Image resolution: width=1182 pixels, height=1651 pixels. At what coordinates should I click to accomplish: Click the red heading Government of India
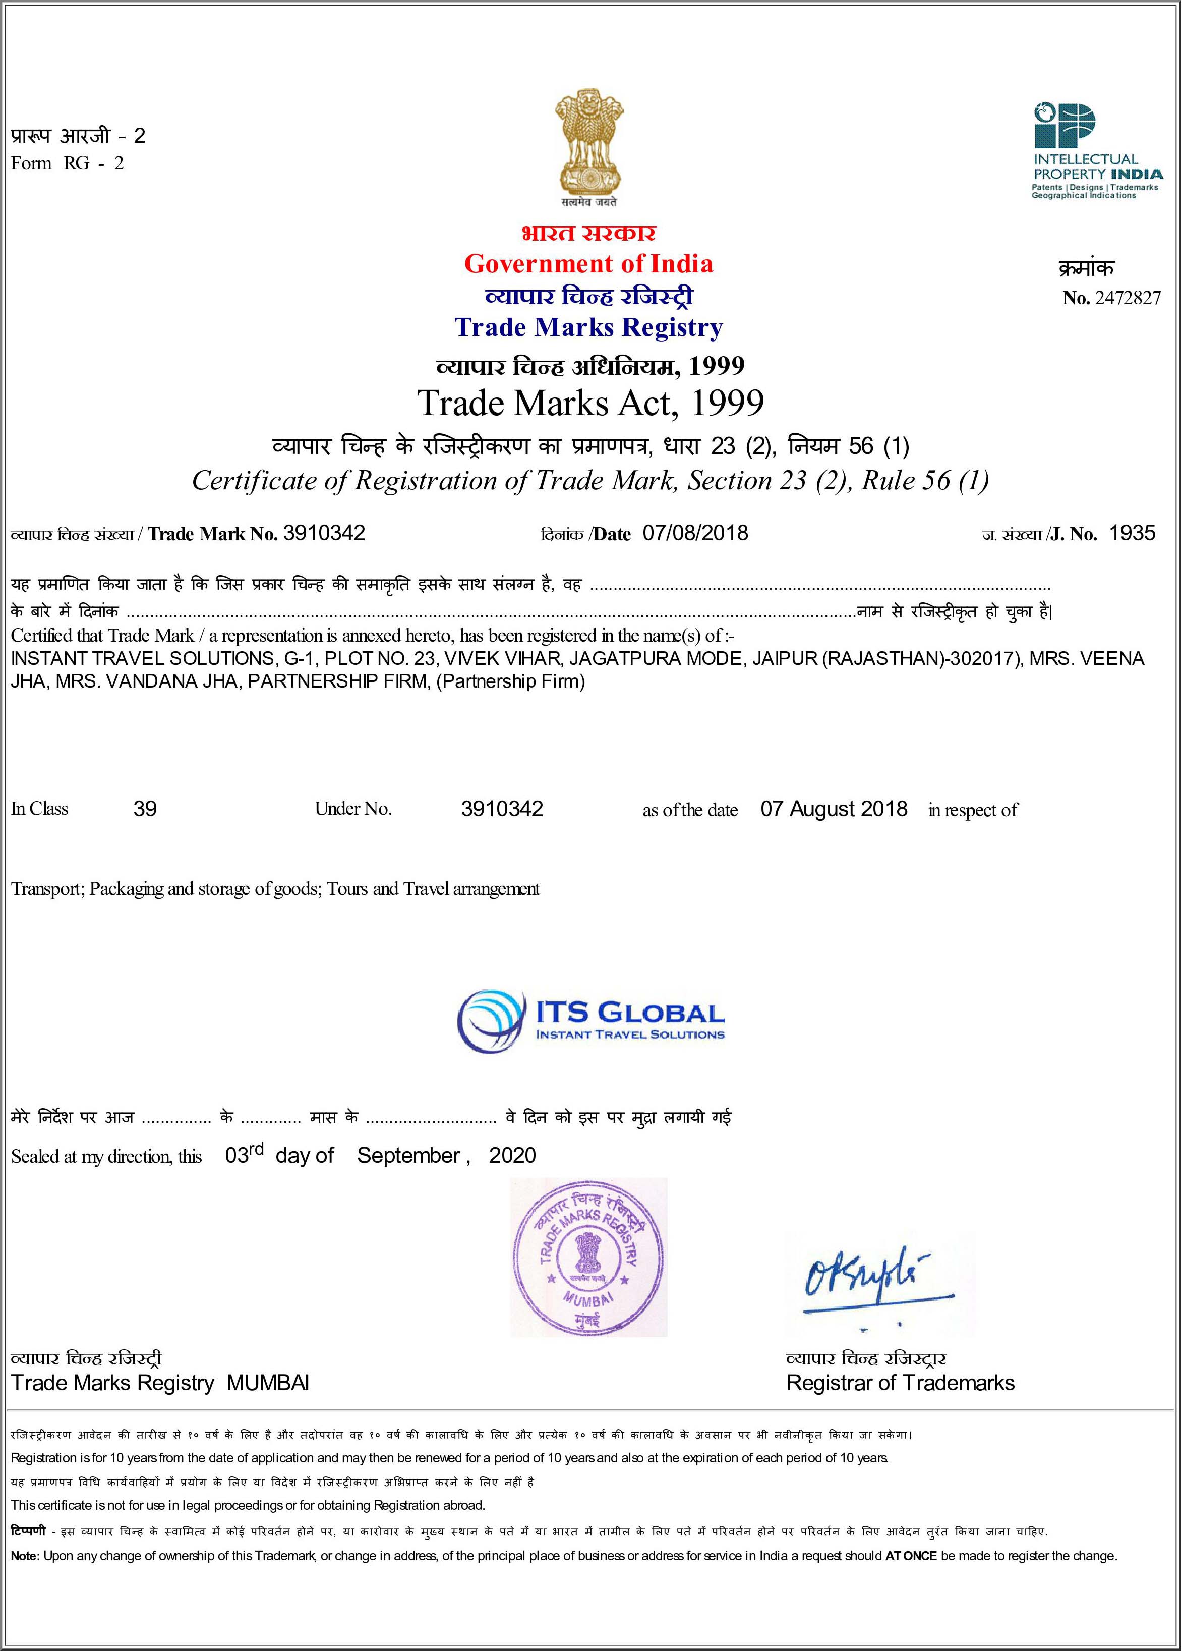tap(588, 263)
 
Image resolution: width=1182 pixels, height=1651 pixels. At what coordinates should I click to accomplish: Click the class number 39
tap(145, 809)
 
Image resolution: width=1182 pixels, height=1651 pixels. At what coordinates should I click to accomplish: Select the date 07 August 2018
tap(834, 809)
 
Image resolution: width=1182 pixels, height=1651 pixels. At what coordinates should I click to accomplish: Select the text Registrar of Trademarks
tap(900, 1383)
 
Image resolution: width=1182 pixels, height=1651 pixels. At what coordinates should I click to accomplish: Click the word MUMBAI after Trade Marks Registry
tap(268, 1383)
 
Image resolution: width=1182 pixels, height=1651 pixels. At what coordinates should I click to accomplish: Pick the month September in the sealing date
tap(408, 1155)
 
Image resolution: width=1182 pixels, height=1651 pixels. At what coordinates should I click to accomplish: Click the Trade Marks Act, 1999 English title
tap(590, 403)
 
